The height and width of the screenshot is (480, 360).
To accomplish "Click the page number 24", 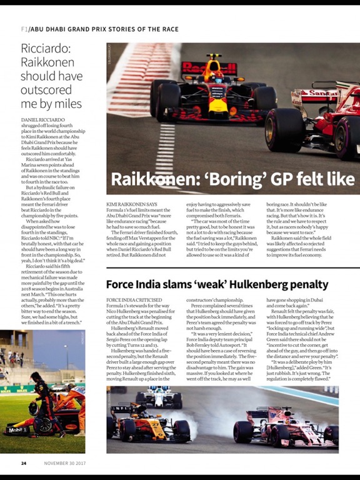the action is coord(23,463).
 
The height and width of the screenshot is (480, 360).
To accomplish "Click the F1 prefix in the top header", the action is coord(24,29).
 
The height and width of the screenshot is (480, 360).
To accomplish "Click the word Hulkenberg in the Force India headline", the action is coord(259,285).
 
